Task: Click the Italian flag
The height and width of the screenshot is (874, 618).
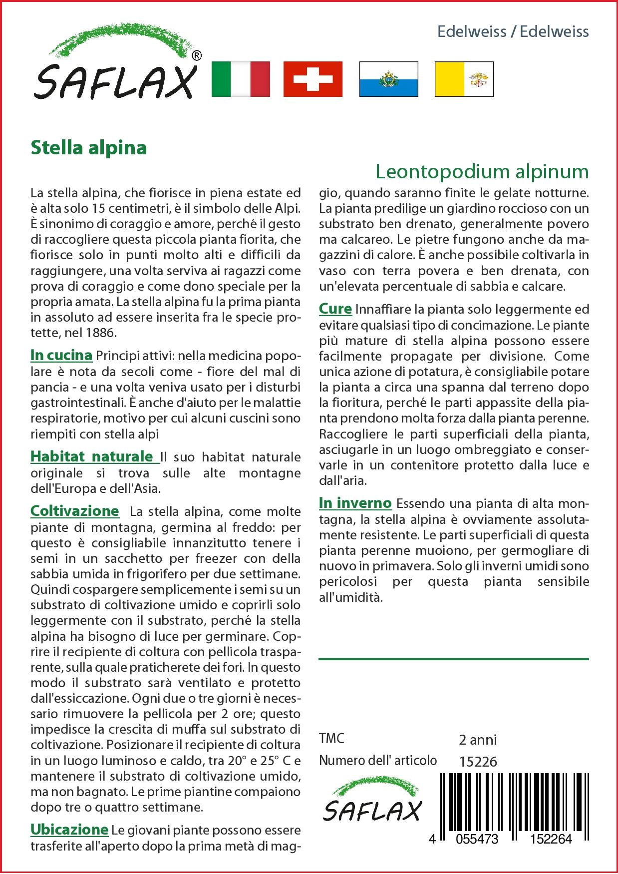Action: point(241,79)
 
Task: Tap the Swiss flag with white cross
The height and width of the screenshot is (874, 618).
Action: point(313,79)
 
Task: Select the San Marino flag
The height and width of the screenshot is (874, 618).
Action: point(388,79)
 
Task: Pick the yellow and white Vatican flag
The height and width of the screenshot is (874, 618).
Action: point(464,79)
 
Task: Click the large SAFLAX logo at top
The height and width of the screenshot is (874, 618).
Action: point(115,70)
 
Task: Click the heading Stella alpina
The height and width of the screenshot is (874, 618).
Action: point(89,148)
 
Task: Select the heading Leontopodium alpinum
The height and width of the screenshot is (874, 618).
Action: point(482,172)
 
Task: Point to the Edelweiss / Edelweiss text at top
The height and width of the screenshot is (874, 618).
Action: point(513,32)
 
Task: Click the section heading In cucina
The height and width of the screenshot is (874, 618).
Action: point(61,356)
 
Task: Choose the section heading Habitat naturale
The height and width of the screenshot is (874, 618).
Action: point(92,456)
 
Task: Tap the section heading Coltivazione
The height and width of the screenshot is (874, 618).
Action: point(75,511)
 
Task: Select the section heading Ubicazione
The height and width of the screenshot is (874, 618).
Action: point(69,830)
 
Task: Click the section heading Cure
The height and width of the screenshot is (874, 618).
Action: point(335,309)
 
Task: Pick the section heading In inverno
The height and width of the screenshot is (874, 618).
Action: point(355,503)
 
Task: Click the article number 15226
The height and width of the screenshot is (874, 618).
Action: point(478,762)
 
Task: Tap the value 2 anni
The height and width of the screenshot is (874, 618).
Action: point(478,740)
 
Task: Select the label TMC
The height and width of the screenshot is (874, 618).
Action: point(331,739)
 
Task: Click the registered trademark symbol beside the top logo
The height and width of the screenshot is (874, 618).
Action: point(197,55)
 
